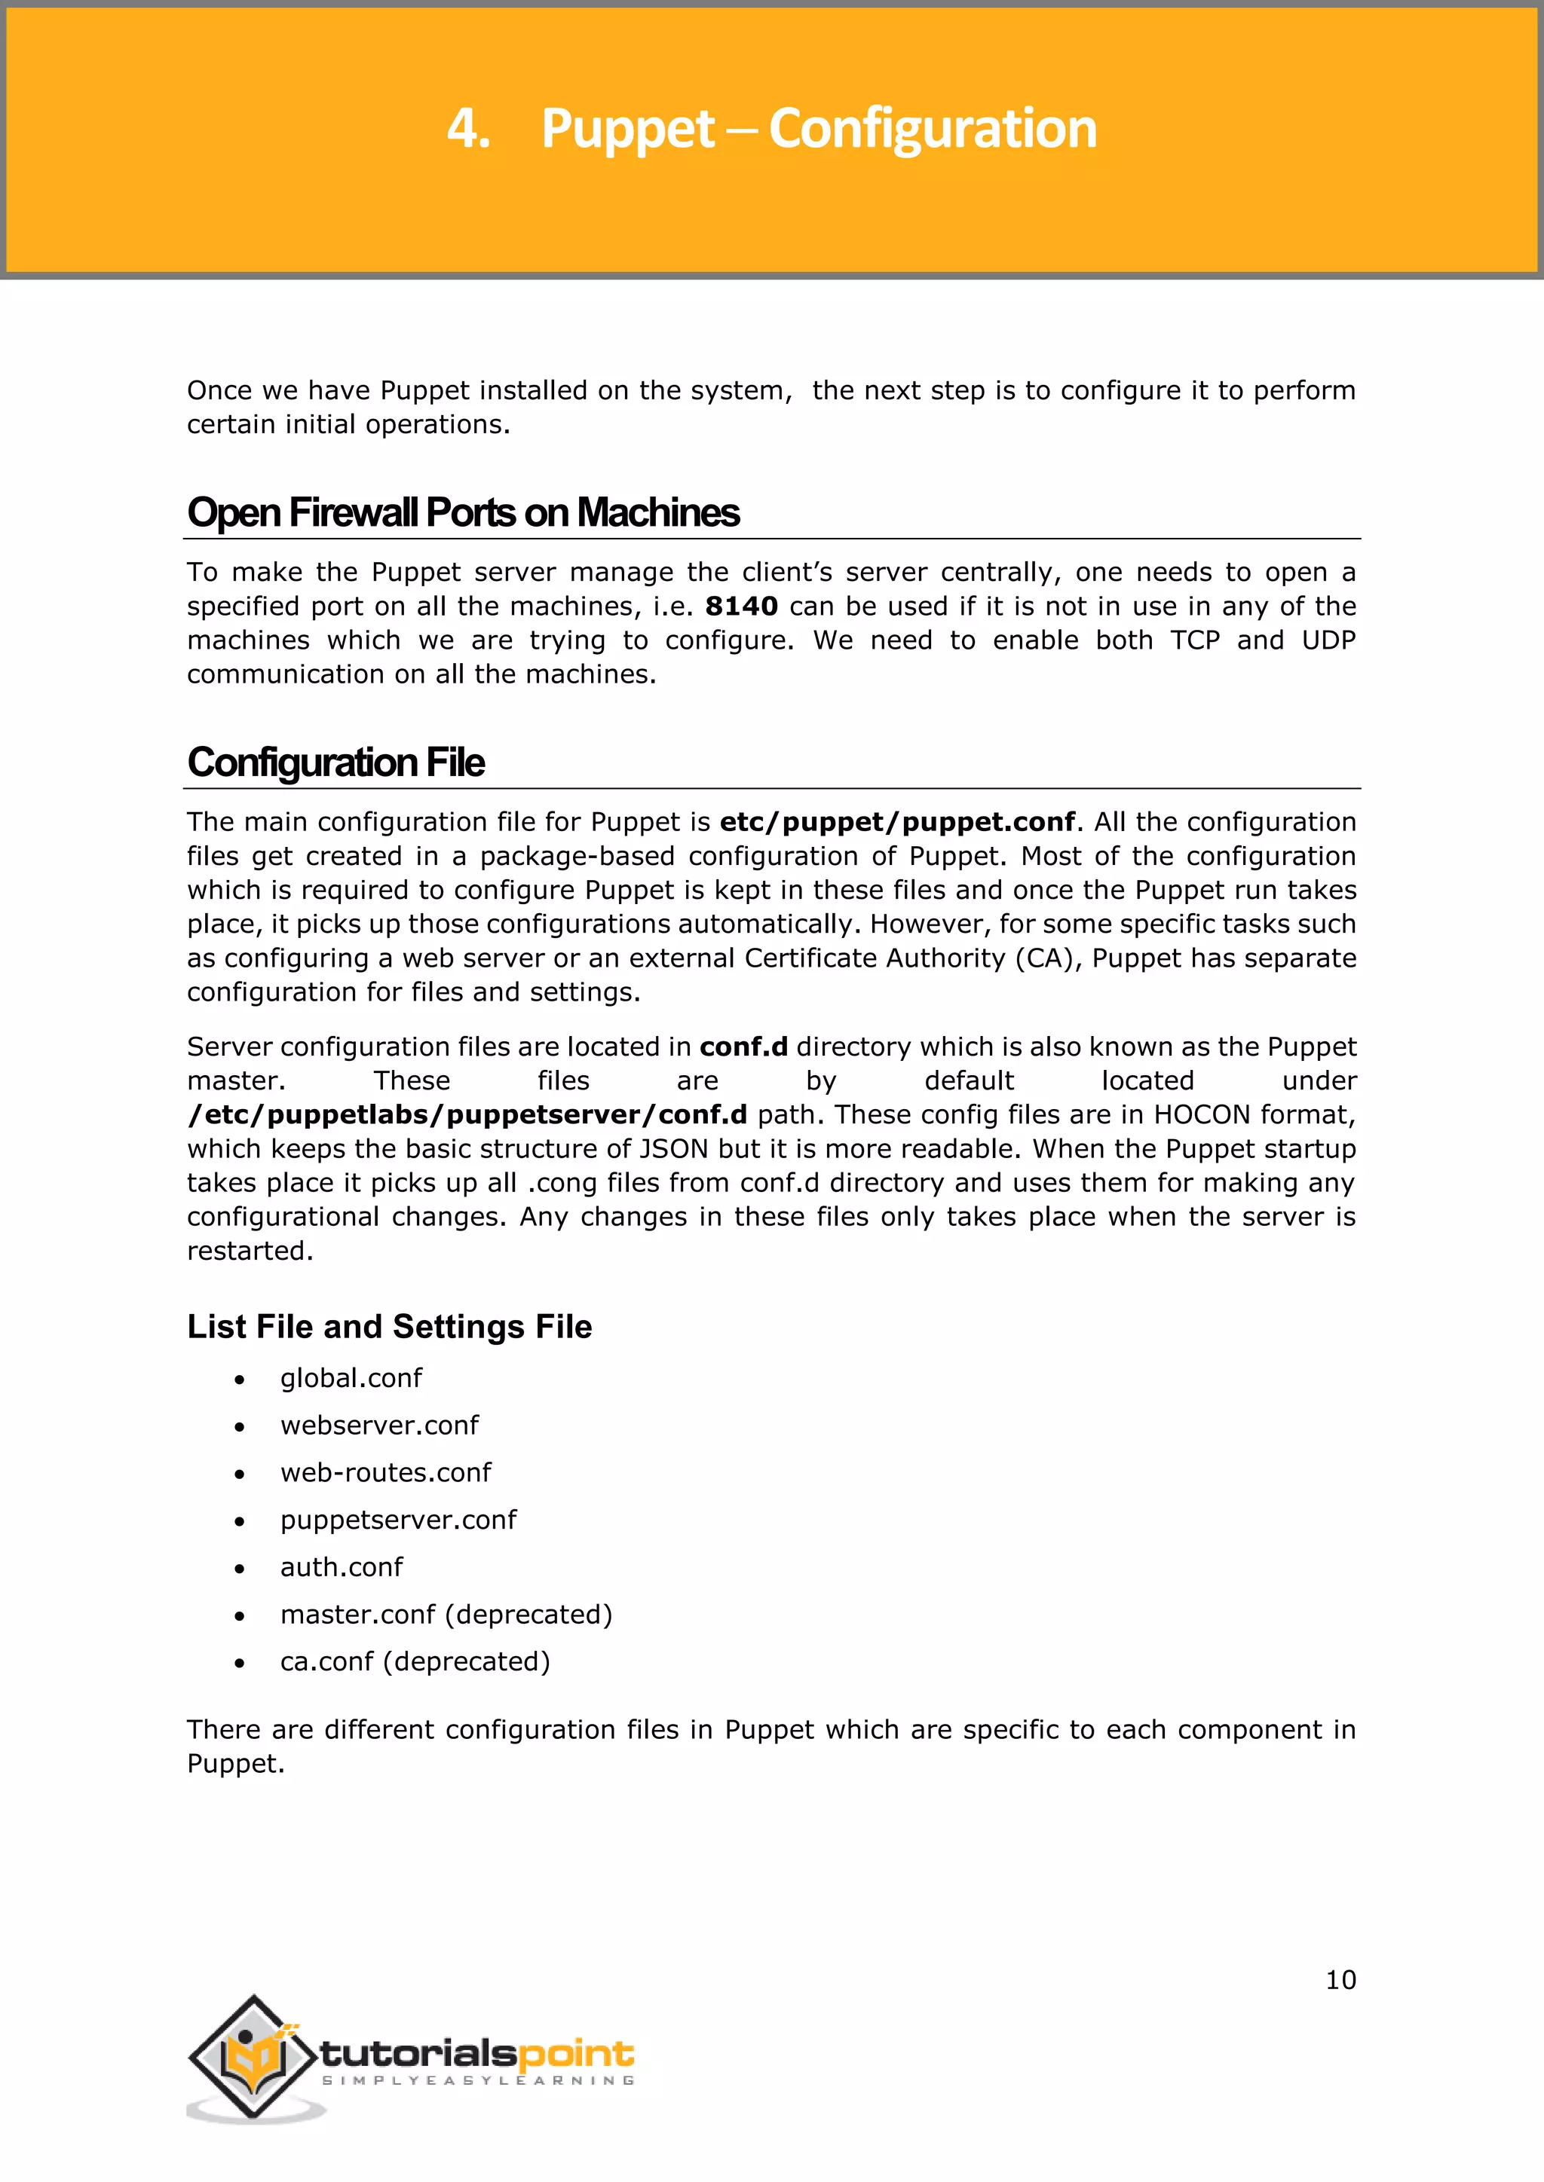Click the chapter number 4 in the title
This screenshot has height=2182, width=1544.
tap(466, 130)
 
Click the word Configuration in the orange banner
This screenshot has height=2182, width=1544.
tap(932, 130)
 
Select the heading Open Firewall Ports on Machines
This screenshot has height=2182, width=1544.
tap(463, 513)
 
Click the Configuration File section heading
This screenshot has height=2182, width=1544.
tap(335, 763)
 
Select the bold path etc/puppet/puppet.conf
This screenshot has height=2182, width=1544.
tap(896, 822)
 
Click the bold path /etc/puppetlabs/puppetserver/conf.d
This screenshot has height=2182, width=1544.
tap(467, 1115)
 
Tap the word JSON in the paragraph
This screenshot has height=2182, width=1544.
tap(673, 1149)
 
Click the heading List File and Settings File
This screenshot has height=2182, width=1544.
tap(389, 1327)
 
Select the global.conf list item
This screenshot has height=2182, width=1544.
tap(351, 1378)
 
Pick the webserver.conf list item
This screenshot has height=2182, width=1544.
tap(379, 1426)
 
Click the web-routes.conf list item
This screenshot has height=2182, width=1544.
tap(385, 1473)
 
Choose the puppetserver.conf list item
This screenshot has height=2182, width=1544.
tap(398, 1520)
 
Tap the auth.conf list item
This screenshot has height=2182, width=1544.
tap(342, 1567)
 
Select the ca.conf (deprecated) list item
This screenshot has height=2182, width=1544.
tap(415, 1662)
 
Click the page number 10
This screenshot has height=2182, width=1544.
tap(1340, 1979)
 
